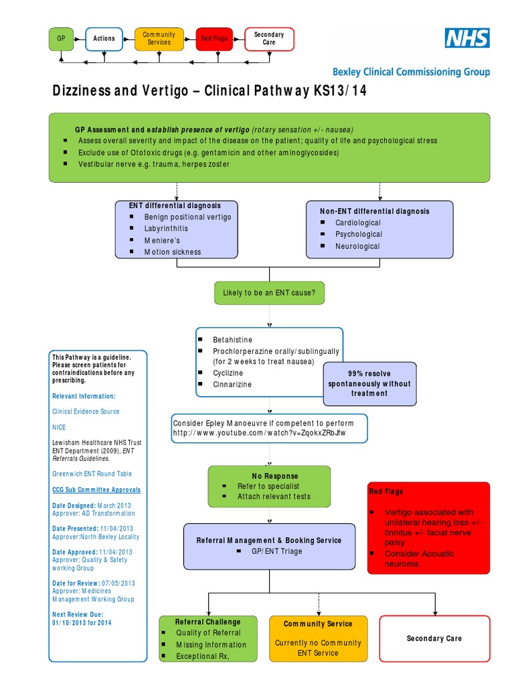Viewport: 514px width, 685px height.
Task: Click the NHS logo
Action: pyautogui.click(x=467, y=38)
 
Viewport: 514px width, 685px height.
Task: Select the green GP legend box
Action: pyautogui.click(x=61, y=39)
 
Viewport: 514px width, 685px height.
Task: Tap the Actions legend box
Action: pyautogui.click(x=104, y=39)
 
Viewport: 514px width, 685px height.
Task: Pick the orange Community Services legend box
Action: pyautogui.click(x=159, y=39)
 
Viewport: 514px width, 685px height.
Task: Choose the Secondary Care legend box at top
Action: pyautogui.click(x=269, y=39)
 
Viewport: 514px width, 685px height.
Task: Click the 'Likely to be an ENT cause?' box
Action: pyautogui.click(x=269, y=293)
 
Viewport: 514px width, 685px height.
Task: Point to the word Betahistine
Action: pyautogui.click(x=232, y=340)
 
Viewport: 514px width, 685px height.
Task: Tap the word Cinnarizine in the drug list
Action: pyautogui.click(x=234, y=385)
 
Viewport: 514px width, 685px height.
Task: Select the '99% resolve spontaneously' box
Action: pyautogui.click(x=369, y=383)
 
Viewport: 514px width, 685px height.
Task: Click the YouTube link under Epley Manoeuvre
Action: pyautogui.click(x=260, y=433)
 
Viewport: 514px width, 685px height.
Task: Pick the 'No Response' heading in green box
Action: pyautogui.click(x=270, y=476)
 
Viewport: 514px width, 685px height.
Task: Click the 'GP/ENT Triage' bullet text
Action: pyautogui.click(x=276, y=551)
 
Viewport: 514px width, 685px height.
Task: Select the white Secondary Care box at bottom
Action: pyautogui.click(x=434, y=638)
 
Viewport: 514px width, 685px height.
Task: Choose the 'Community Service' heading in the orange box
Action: pyautogui.click(x=318, y=624)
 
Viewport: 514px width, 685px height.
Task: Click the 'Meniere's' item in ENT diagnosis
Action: pyautogui.click(x=162, y=240)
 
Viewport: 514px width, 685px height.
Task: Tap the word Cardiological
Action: pyautogui.click(x=357, y=223)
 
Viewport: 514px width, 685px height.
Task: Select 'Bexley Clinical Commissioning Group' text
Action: pyautogui.click(x=411, y=72)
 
